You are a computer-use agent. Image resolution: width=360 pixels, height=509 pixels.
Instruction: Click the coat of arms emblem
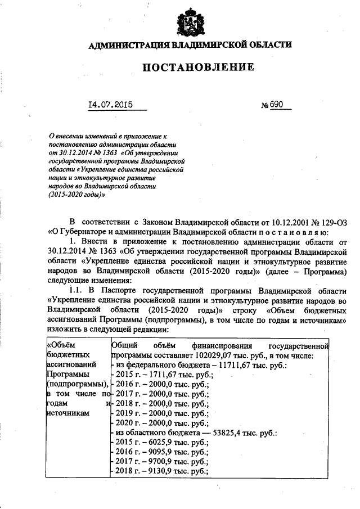(190, 23)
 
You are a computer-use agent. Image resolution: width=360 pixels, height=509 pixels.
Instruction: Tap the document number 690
(278, 105)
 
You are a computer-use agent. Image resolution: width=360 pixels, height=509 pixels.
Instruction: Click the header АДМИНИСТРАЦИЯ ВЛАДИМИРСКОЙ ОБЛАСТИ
(191, 44)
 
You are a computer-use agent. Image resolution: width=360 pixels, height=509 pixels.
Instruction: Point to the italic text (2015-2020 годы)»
(77, 194)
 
